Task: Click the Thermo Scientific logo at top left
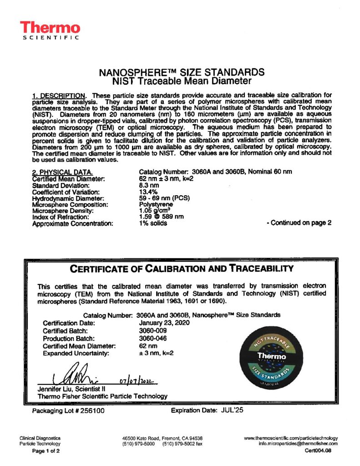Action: click(x=50, y=30)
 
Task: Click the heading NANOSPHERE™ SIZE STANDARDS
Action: click(x=181, y=73)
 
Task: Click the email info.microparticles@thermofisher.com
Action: click(x=298, y=443)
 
